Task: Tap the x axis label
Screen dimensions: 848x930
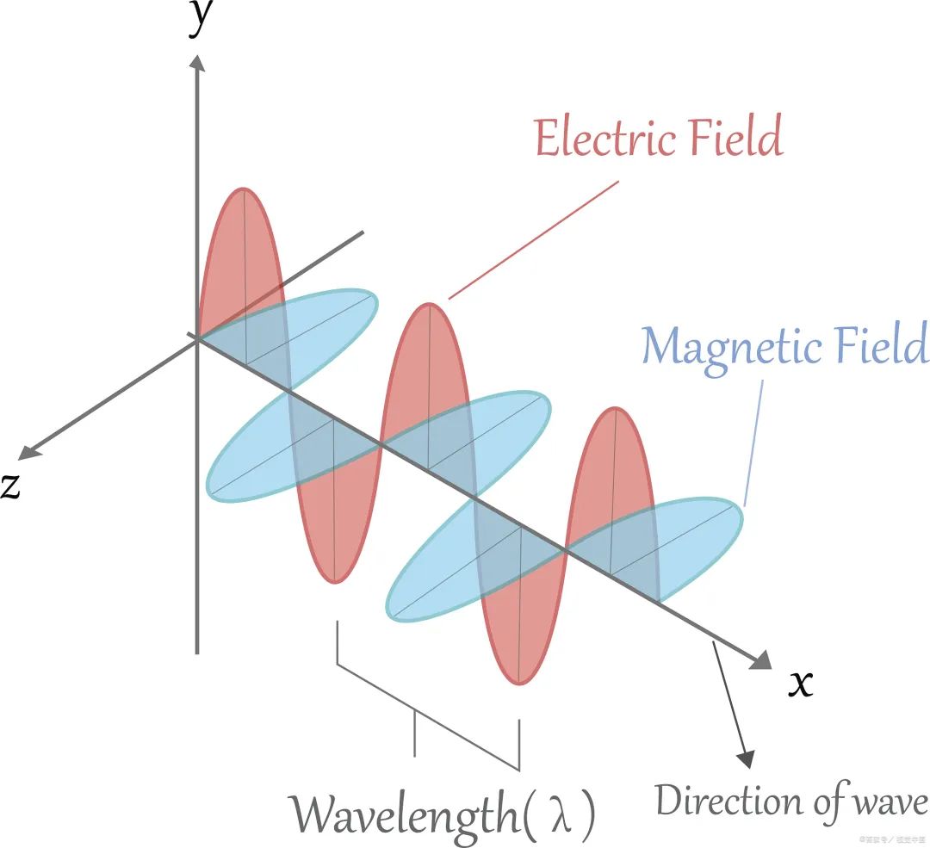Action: [801, 684]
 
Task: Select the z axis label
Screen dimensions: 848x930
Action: [10, 486]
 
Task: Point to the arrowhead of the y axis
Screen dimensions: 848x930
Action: [198, 62]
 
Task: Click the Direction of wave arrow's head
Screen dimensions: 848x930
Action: [746, 758]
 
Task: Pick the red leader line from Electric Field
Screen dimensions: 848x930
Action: [534, 240]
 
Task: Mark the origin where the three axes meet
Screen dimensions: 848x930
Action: [198, 339]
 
